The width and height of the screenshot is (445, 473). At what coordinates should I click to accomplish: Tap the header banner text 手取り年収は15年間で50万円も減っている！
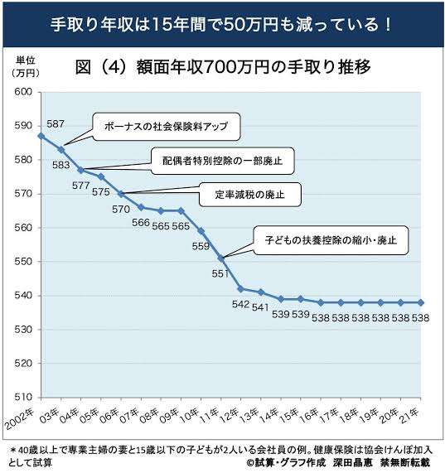tap(222, 23)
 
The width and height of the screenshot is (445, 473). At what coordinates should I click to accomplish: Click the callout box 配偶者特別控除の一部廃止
tap(222, 161)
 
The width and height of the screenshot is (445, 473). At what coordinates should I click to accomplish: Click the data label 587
tap(55, 123)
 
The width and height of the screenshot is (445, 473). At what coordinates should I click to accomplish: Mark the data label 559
tap(201, 246)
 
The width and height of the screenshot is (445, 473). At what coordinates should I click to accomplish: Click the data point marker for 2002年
tap(41, 135)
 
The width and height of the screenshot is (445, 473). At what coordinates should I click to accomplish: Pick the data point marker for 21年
tap(421, 302)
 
